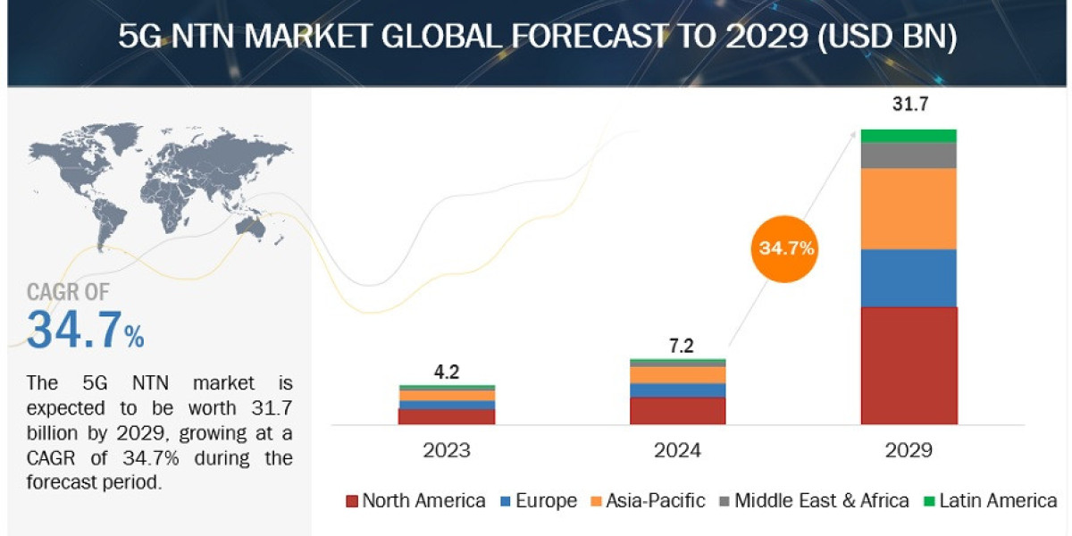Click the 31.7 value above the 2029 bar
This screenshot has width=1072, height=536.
coord(909,105)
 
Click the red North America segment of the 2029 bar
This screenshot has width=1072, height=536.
coord(909,365)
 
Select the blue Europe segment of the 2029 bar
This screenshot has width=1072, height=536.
coord(909,278)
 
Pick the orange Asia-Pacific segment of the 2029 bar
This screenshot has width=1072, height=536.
coord(909,208)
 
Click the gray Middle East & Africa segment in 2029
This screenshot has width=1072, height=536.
coord(909,155)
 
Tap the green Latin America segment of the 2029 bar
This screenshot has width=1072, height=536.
coord(909,136)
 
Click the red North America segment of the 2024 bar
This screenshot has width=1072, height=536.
coord(677,411)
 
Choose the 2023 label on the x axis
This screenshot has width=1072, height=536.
coord(446,450)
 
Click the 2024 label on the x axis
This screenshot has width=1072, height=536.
coord(677,450)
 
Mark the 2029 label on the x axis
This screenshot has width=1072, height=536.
coord(909,450)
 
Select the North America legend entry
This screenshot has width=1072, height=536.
coord(415,500)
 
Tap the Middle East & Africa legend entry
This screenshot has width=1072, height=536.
coord(812,500)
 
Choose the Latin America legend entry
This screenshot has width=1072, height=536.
coord(989,500)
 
